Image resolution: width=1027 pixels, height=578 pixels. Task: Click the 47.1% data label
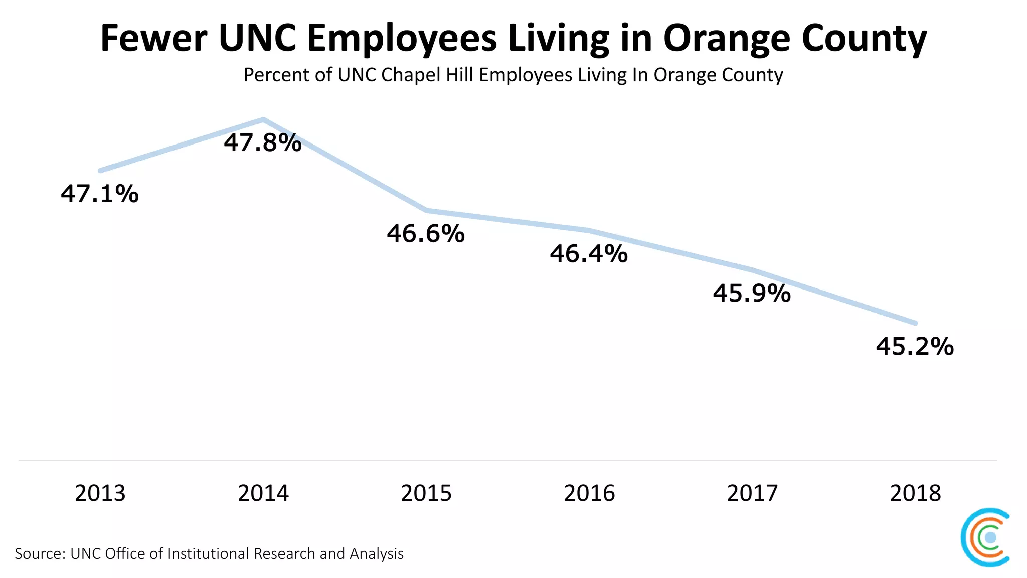pos(100,194)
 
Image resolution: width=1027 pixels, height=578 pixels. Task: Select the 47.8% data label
pos(263,143)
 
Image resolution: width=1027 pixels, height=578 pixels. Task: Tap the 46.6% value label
pos(426,234)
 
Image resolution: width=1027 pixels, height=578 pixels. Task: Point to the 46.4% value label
pos(589,254)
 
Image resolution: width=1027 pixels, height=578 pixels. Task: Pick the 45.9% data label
pos(752,294)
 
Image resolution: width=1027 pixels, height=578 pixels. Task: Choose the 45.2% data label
pos(915,347)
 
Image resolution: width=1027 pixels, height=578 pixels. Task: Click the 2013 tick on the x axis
pos(100,493)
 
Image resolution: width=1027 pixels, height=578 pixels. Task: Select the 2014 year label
pos(263,493)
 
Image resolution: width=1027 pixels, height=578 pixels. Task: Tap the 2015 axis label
pos(426,493)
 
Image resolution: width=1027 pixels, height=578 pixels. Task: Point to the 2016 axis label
pos(589,493)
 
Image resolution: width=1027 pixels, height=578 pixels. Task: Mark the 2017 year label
pos(752,493)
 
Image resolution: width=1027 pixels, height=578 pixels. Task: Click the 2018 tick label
pos(915,493)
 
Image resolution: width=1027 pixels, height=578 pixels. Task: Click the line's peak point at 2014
pos(263,119)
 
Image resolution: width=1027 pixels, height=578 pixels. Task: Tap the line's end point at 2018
pos(915,323)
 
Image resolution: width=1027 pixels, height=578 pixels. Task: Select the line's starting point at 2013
pos(101,171)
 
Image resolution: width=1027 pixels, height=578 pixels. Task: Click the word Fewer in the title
pos(153,38)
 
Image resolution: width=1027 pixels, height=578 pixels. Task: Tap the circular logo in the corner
pos(985,537)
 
